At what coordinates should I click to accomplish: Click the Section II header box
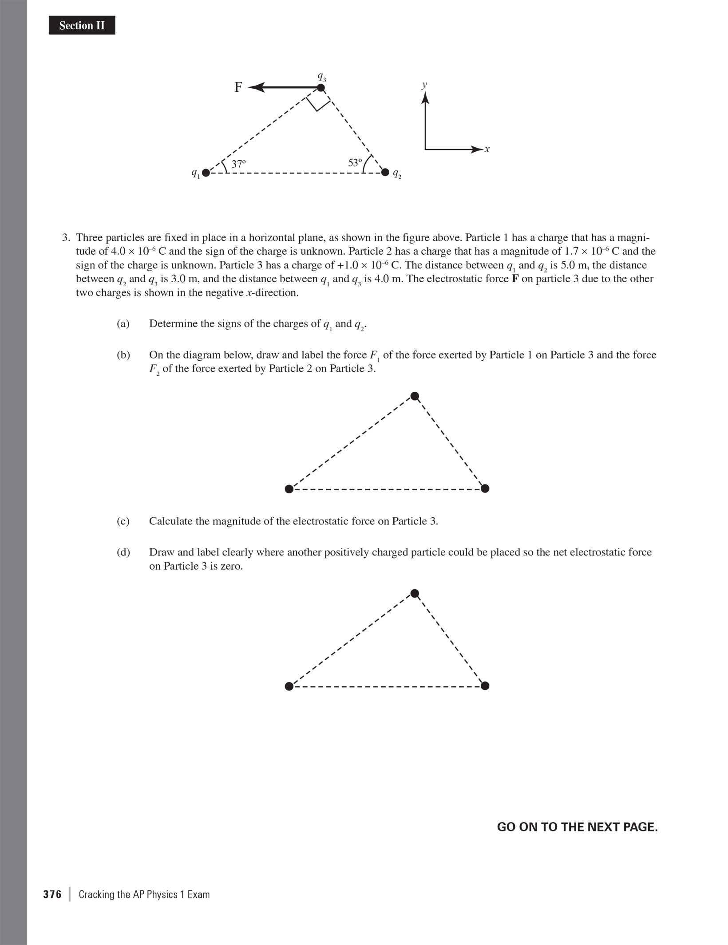(x=82, y=26)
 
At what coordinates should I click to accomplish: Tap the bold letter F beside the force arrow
(x=238, y=87)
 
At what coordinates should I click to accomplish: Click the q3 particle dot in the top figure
(x=321, y=88)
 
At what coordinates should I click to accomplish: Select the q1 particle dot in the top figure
(x=206, y=173)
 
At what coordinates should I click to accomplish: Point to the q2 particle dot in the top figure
(x=385, y=172)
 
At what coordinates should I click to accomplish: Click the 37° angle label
(x=238, y=164)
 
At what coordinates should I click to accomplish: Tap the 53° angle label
(x=355, y=163)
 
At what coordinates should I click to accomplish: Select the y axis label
(x=425, y=85)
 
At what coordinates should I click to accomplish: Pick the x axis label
(x=487, y=149)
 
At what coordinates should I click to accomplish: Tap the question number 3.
(x=66, y=238)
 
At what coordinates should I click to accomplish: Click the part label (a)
(x=123, y=324)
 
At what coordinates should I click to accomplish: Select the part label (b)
(x=123, y=355)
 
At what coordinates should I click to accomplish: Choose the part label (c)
(x=123, y=521)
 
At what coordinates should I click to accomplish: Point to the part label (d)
(x=123, y=552)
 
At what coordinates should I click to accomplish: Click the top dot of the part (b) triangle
(x=415, y=396)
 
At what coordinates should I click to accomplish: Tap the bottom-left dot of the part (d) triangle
(x=289, y=686)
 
